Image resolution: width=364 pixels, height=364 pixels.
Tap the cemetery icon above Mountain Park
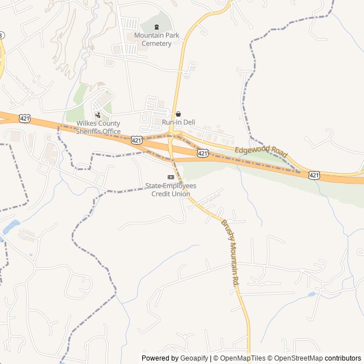click(157, 27)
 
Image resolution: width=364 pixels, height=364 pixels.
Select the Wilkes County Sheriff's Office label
click(99, 127)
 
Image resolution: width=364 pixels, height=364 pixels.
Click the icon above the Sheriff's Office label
click(98, 115)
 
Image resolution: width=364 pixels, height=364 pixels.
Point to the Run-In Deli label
click(178, 122)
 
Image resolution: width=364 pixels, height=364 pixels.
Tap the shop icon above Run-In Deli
click(178, 114)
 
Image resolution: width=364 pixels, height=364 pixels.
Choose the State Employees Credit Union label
click(171, 190)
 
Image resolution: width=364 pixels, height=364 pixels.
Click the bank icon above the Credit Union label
click(171, 177)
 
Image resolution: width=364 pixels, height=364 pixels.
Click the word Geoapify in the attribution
click(195, 358)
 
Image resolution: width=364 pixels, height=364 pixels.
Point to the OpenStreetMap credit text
click(296, 358)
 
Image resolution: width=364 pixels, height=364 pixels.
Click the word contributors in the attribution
click(343, 358)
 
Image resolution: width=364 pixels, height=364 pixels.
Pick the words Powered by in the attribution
click(160, 358)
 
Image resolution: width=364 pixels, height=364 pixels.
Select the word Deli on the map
click(187, 122)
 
